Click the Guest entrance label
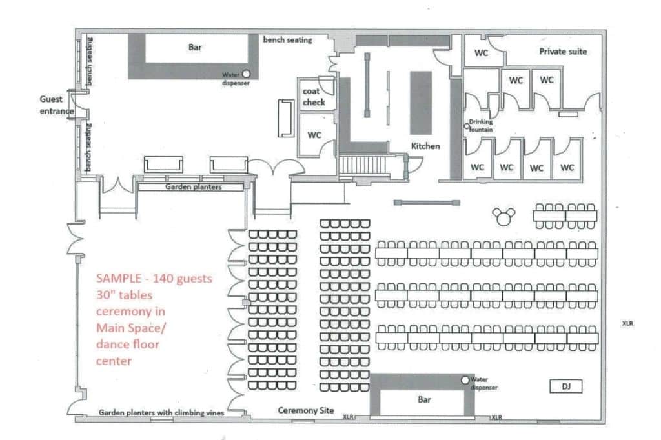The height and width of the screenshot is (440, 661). click(57, 105)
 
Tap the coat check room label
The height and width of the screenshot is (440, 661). click(314, 97)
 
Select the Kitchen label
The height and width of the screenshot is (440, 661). click(425, 146)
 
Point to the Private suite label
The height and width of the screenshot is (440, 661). click(563, 52)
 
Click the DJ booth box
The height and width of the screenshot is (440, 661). click(565, 386)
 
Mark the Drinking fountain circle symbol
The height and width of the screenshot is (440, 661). click(467, 126)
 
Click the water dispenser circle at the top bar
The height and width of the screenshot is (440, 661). click(246, 74)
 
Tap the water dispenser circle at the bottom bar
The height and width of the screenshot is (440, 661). click(465, 380)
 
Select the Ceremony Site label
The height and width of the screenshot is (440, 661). click(305, 410)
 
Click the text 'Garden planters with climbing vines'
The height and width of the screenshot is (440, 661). click(161, 413)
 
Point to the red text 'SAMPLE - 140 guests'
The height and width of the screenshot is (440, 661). click(154, 278)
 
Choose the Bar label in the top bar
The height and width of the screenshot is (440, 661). click(195, 47)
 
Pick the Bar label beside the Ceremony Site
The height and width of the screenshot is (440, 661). click(424, 399)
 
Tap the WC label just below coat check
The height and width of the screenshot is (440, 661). click(314, 135)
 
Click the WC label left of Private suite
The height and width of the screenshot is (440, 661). click(481, 53)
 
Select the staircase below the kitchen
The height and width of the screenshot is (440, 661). click(363, 165)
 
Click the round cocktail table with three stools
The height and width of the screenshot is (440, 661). click(503, 217)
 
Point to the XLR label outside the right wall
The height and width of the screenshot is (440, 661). click(627, 323)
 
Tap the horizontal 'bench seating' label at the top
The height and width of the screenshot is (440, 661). click(287, 39)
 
